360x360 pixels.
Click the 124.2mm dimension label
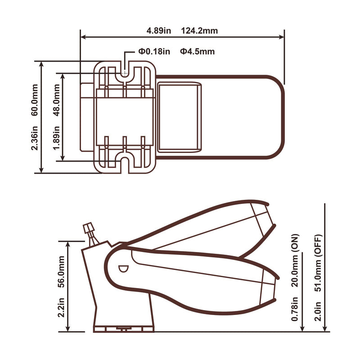(199, 31)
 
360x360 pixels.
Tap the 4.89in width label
(159, 31)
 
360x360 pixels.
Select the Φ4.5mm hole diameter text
(197, 51)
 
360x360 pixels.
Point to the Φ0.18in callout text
(154, 51)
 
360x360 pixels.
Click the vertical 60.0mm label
(35, 100)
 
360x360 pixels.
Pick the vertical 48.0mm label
(57, 100)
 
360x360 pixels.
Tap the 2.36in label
(35, 138)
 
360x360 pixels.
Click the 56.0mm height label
(61, 272)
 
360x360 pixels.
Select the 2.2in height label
(61, 307)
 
